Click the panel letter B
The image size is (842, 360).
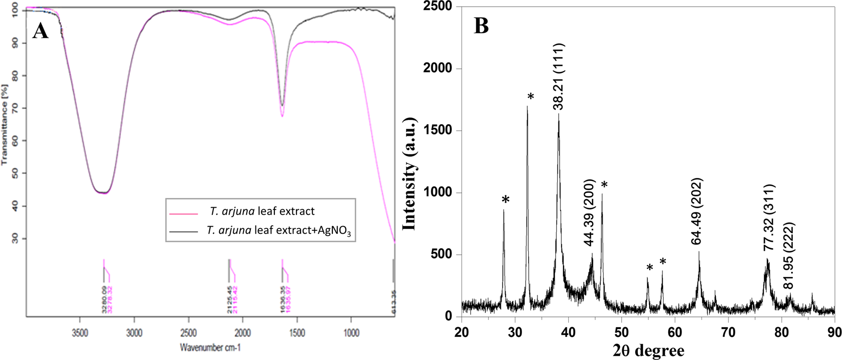coord(481,26)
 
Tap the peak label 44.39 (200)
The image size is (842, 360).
coord(589,213)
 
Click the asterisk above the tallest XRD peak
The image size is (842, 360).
coord(531,97)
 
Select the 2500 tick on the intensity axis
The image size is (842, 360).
coord(440,7)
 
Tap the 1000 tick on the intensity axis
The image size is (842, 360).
coord(440,193)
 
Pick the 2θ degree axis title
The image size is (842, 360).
coord(648,351)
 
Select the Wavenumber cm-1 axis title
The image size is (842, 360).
coord(210,348)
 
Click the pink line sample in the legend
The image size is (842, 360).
coord(183,213)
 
